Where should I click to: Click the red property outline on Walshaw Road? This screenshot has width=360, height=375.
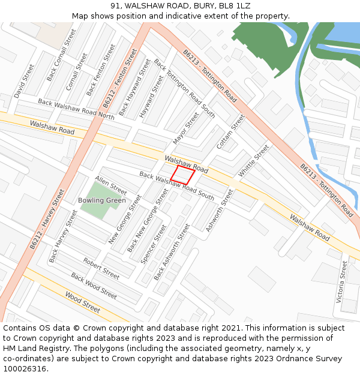[182, 175]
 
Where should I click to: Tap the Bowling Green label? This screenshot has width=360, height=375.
[102, 200]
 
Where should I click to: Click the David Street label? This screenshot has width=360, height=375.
[25, 81]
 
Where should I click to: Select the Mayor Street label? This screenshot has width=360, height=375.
[185, 128]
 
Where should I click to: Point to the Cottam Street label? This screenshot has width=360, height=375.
[230, 133]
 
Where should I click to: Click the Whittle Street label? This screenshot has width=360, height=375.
[254, 161]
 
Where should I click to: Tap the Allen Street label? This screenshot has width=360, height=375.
[111, 185]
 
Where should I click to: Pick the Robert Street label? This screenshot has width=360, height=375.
[101, 269]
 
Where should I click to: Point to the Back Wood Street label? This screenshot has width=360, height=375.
[94, 286]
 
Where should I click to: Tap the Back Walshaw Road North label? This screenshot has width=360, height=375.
[76, 109]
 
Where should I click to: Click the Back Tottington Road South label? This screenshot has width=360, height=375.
[184, 88]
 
